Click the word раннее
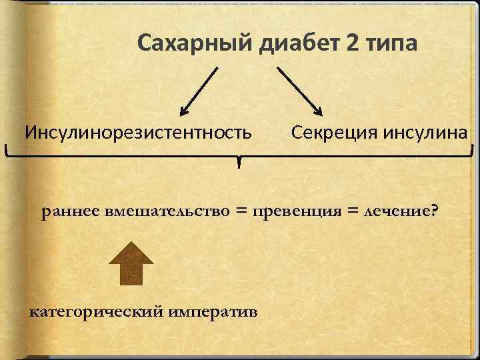point(71,212)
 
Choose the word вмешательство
point(167,212)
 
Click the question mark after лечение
point(435,212)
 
